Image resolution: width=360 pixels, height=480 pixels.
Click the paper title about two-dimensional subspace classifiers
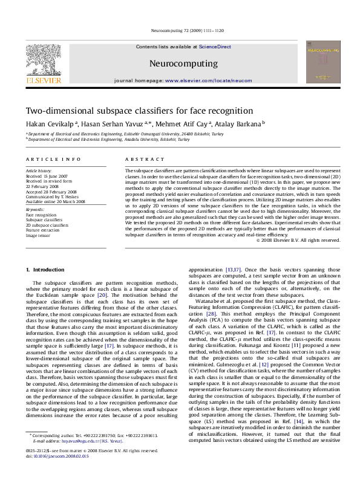[x=130, y=111]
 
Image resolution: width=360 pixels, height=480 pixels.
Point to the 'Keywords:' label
[x=34, y=209]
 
